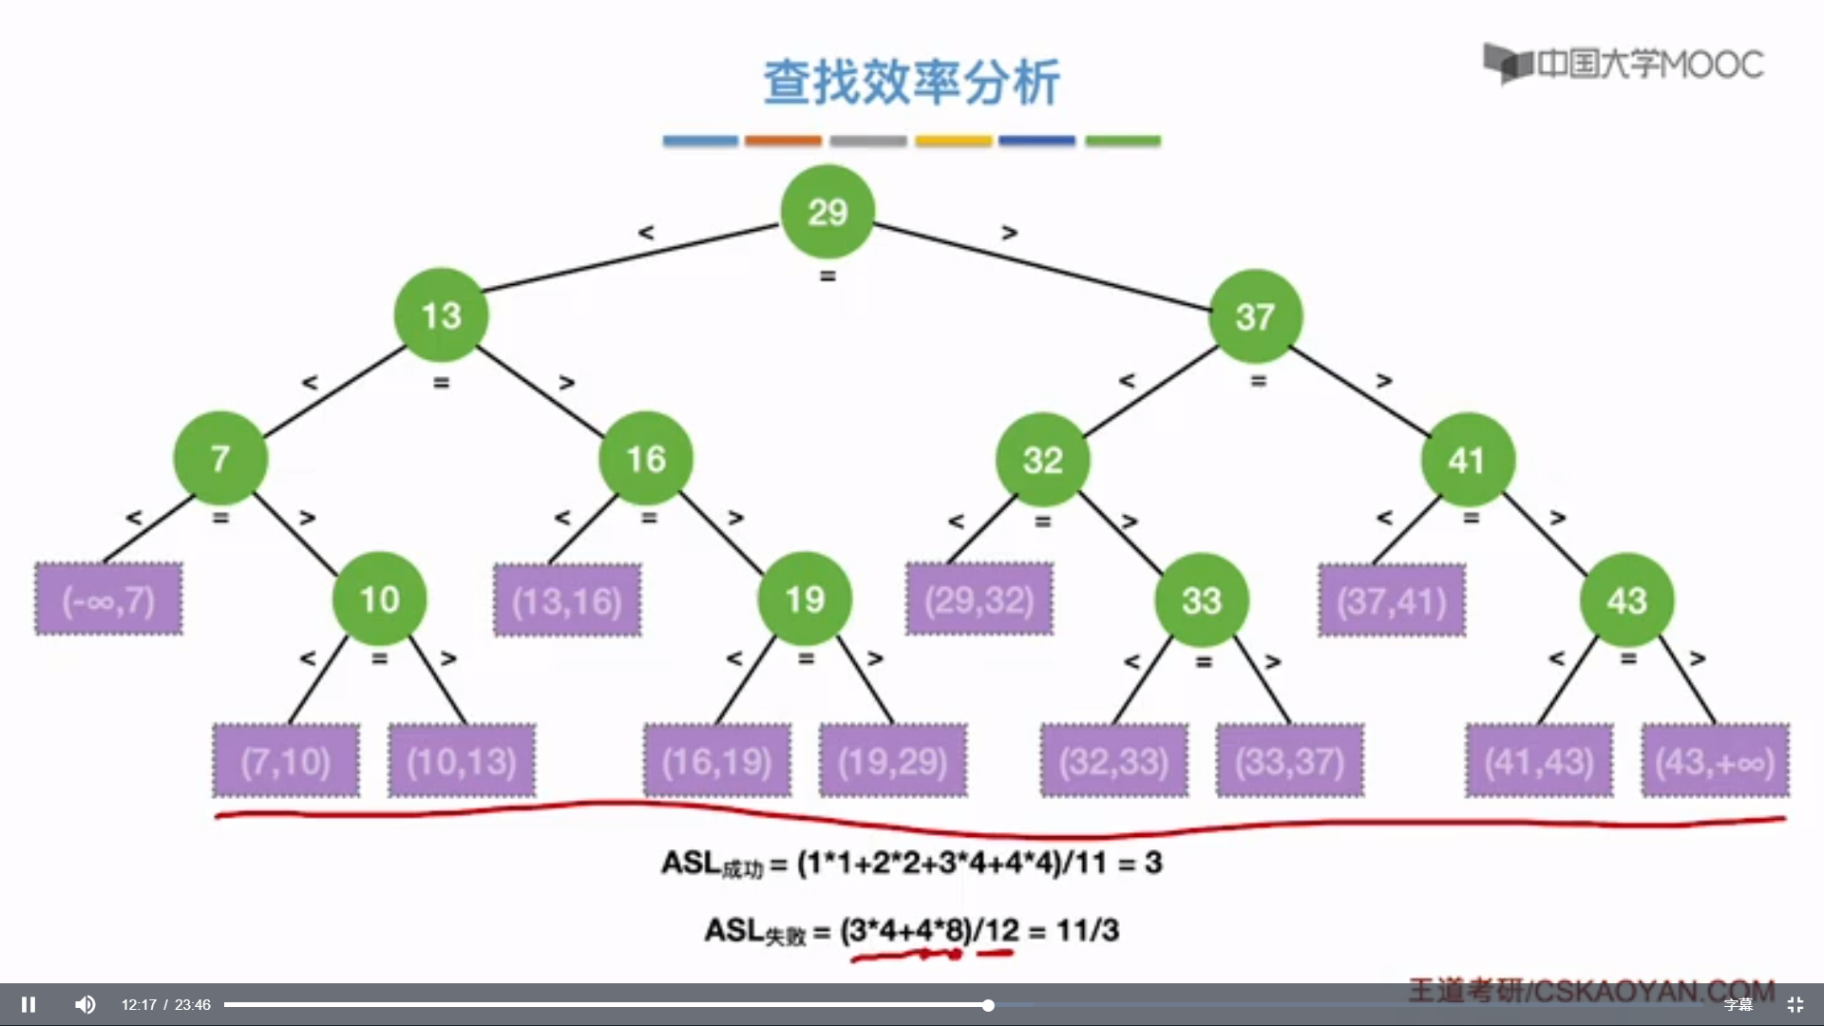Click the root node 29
click(826, 211)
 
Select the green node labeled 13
click(441, 315)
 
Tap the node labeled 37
click(1255, 316)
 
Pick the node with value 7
click(220, 458)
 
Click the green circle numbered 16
click(646, 459)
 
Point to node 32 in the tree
click(1042, 460)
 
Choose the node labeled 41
click(1467, 460)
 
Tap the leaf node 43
click(1626, 600)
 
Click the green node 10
click(379, 599)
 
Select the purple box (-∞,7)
click(108, 599)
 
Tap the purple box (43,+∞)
click(1715, 761)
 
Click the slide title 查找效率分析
click(912, 82)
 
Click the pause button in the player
click(28, 1004)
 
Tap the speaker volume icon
click(85, 1004)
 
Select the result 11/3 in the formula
click(1087, 929)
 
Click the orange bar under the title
click(783, 141)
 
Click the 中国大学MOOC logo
click(1624, 64)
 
